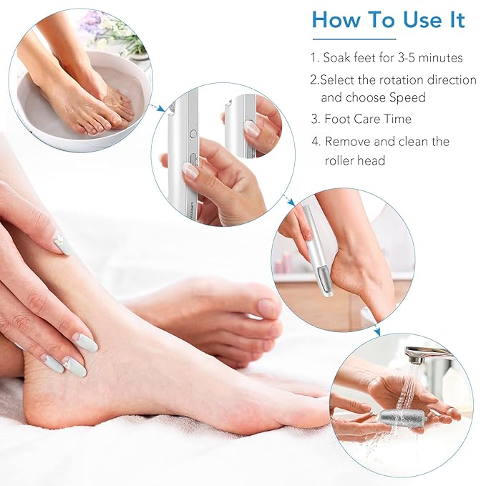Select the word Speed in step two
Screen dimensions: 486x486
tap(408, 97)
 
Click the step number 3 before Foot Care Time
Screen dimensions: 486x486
tap(314, 119)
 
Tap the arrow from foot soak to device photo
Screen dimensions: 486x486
tap(153, 107)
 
